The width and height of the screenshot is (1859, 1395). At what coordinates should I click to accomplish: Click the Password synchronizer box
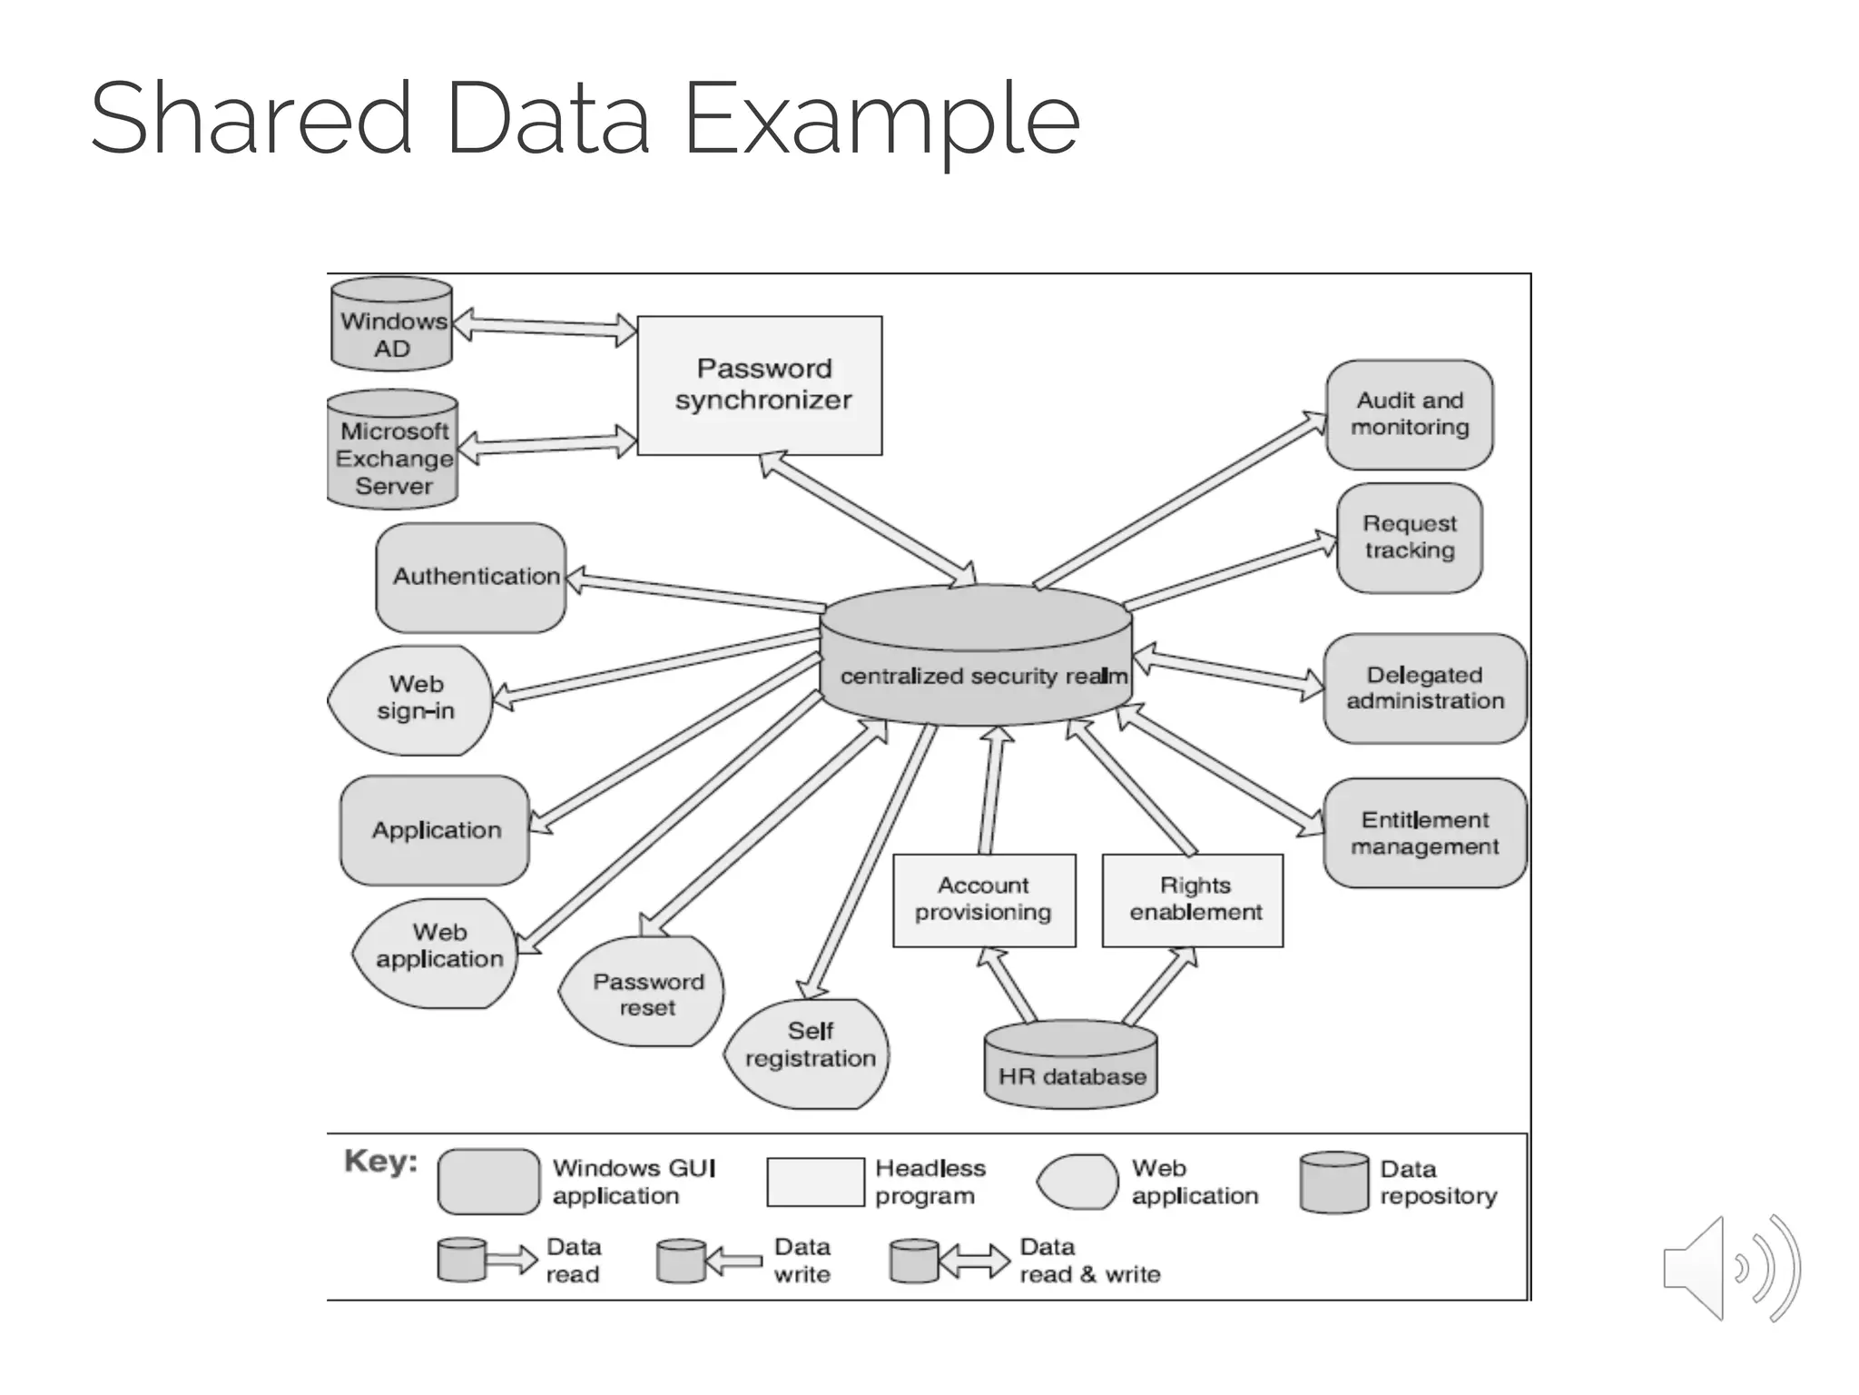pos(760,385)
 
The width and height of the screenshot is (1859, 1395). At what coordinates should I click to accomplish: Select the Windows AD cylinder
pos(391,324)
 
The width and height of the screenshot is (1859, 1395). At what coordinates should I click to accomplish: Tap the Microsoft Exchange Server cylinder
pos(392,450)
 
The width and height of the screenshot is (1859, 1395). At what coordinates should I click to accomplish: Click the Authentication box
pos(470,577)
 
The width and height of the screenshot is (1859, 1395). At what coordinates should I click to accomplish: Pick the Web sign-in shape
pos(413,699)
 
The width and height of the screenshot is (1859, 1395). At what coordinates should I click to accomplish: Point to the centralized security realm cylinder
pos(977,656)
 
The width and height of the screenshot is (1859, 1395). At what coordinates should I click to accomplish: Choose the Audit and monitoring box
pos(1409,414)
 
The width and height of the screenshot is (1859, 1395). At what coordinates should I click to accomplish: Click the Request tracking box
pos(1409,538)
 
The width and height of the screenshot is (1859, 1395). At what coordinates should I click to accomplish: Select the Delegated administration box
pos(1424,688)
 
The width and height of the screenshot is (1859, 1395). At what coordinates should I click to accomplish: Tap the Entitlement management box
pos(1424,833)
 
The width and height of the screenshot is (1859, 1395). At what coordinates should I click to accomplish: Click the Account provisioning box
pos(984,900)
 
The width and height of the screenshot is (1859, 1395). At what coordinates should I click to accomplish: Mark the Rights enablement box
pos(1193,900)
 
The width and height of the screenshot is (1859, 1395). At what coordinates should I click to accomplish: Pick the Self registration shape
pos(808,1054)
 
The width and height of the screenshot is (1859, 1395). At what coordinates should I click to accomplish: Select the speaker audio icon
pos(1730,1268)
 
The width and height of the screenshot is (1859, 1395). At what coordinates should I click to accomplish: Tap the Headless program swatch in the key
pos(815,1182)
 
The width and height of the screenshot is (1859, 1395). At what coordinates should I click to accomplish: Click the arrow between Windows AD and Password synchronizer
pos(545,326)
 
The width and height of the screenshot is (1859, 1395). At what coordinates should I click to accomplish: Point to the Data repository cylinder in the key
pos(1333,1182)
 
